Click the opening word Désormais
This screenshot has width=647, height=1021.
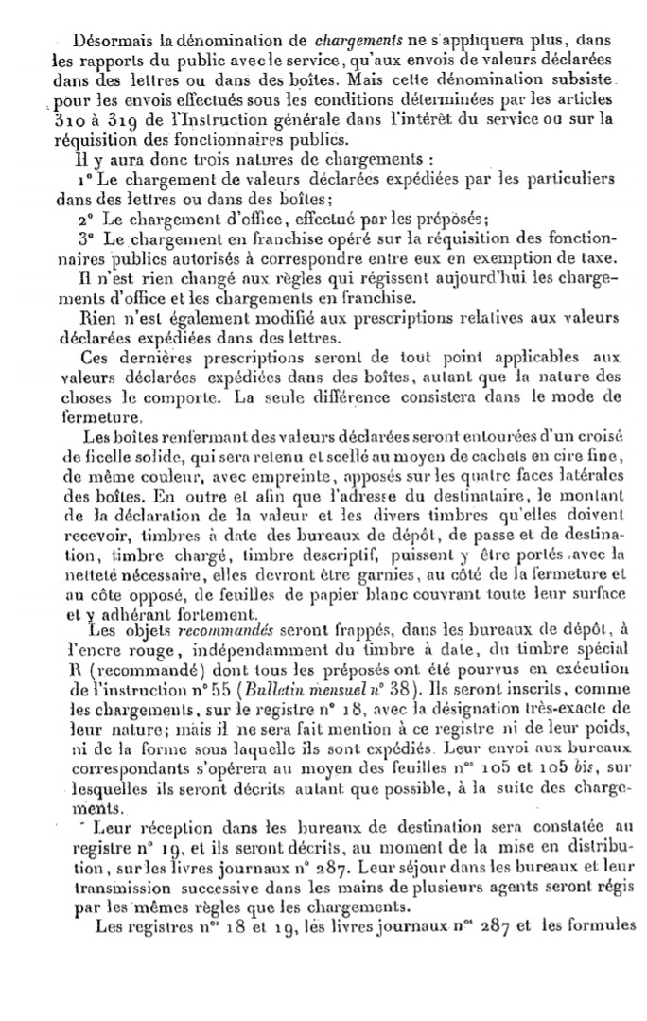click(108, 42)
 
